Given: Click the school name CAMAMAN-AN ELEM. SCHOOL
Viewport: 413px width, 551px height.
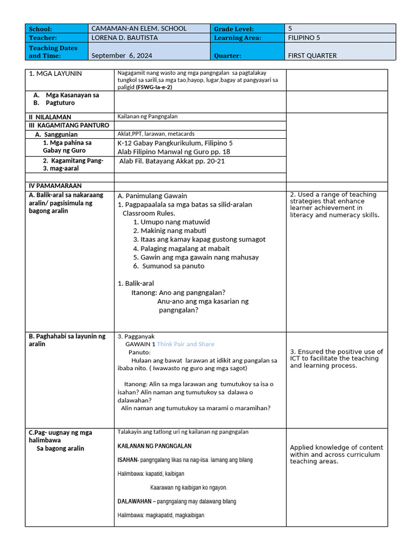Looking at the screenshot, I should (139, 29).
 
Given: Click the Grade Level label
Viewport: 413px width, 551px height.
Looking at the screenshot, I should (234, 29).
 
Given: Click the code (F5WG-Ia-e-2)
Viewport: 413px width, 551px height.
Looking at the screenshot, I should (154, 87).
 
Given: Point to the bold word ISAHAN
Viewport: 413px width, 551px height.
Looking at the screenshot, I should (127, 460).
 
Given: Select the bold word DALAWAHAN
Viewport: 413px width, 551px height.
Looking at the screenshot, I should (134, 501).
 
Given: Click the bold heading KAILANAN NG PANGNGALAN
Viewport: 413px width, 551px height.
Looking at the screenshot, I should (154, 446).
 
